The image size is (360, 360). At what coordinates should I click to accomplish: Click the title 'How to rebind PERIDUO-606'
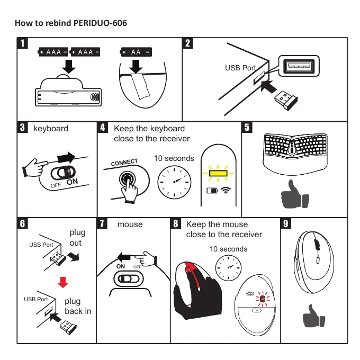(x=71, y=23)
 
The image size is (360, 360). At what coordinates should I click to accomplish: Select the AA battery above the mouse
(x=136, y=52)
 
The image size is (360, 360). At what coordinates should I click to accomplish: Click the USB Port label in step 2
(x=240, y=68)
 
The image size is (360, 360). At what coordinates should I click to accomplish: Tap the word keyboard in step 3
(x=51, y=128)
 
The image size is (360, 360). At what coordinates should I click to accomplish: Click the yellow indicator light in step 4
(x=217, y=173)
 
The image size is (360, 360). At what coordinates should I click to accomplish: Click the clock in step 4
(x=174, y=180)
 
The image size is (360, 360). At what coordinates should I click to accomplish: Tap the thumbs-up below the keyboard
(x=296, y=194)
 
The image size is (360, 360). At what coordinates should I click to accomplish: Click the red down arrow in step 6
(x=63, y=282)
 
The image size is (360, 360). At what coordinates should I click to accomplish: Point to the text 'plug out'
(x=77, y=237)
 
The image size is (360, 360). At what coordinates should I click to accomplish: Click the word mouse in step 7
(x=130, y=224)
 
